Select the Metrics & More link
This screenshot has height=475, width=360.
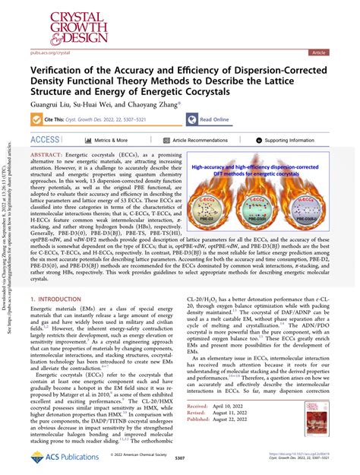pyautogui.click(x=106, y=141)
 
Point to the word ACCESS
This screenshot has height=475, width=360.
pyautogui.click(x=44, y=141)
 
